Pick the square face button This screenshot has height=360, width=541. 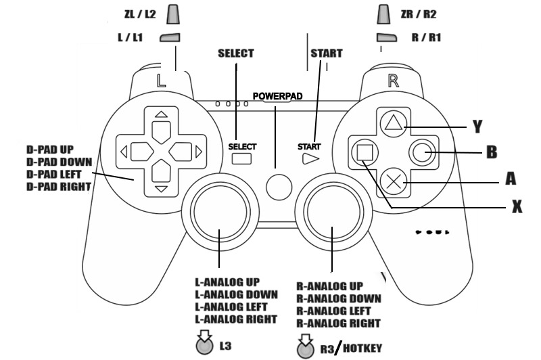point(364,152)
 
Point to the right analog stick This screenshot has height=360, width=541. point(332,207)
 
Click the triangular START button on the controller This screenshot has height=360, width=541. point(310,159)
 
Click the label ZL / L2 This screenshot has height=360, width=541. point(141,13)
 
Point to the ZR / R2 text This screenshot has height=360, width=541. point(419,13)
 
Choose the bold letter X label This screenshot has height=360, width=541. point(516,207)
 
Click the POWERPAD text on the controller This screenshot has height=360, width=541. point(277,96)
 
